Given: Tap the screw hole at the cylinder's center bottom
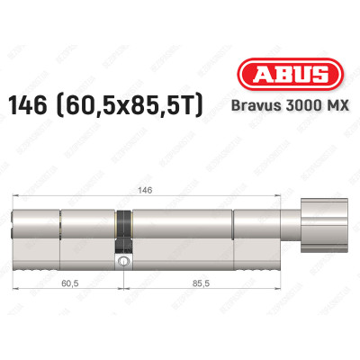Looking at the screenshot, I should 122,262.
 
